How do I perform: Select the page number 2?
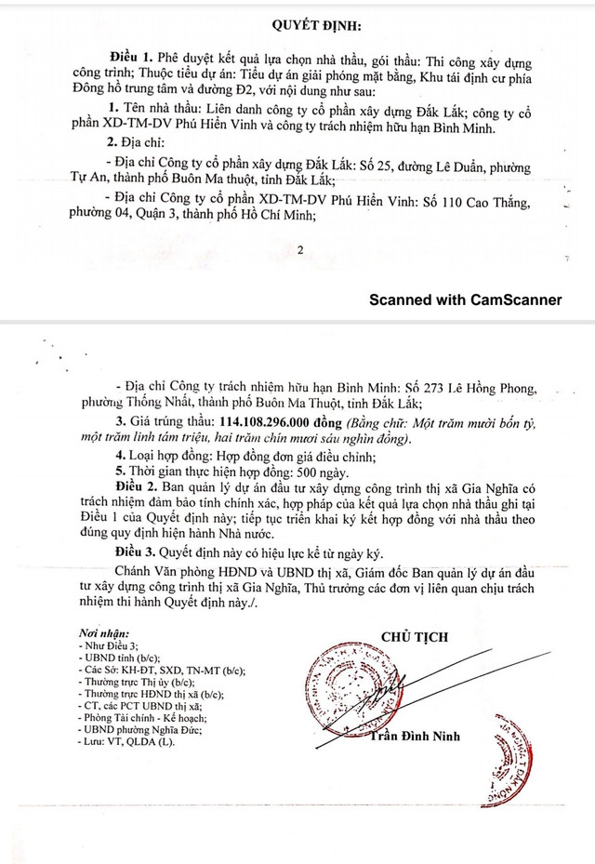pyautogui.click(x=299, y=249)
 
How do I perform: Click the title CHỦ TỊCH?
pyautogui.click(x=415, y=638)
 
